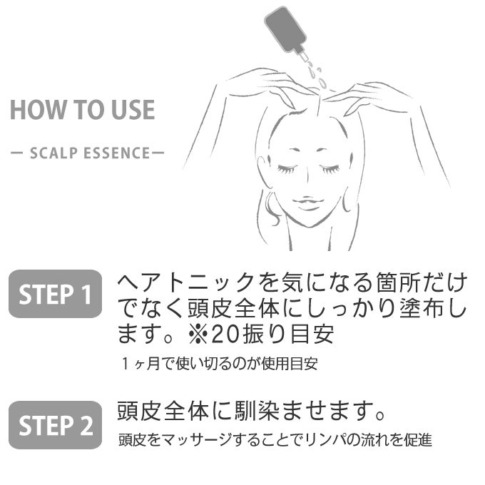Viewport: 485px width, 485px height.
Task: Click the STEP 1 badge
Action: click(x=56, y=294)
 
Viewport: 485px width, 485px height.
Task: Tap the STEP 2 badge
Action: click(x=56, y=425)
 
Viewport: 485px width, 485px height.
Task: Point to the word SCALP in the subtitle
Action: click(x=53, y=153)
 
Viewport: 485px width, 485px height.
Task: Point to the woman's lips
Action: click(x=307, y=203)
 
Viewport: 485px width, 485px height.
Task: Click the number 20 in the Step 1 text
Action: click(x=225, y=335)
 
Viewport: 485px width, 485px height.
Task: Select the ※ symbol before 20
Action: click(x=198, y=335)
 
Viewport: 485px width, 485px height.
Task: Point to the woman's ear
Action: click(x=263, y=173)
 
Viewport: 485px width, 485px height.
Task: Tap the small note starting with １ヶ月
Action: click(x=219, y=364)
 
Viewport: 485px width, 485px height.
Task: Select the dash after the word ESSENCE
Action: click(x=158, y=153)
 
